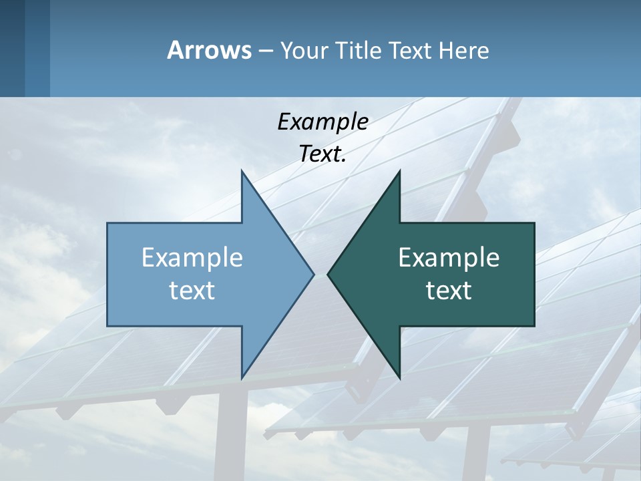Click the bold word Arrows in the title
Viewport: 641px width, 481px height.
click(208, 50)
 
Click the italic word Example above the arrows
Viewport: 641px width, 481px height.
click(323, 122)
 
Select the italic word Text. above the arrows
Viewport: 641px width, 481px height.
click(323, 154)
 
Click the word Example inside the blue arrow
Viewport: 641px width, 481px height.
click(192, 258)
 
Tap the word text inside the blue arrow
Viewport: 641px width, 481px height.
click(192, 291)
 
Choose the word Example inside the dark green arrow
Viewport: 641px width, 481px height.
click(449, 258)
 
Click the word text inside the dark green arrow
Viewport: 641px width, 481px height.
click(449, 291)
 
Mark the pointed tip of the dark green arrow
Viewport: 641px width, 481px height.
click(329, 274)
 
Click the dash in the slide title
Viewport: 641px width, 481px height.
click(265, 51)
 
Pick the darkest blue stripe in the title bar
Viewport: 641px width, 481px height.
click(12, 48)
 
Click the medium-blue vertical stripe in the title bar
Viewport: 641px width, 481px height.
click(37, 48)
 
